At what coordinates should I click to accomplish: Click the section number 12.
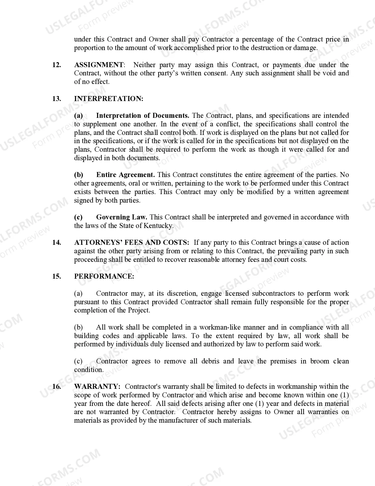coord(56,65)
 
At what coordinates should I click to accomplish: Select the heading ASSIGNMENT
coord(99,65)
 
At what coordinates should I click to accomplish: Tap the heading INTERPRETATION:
coord(109,99)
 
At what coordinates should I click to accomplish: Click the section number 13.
coord(56,99)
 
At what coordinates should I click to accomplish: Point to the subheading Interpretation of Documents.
coord(142,116)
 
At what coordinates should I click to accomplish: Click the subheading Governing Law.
coord(121,217)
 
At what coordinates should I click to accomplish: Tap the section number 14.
coord(56,243)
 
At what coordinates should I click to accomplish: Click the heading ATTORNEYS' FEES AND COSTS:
coord(132,243)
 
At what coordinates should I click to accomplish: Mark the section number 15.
coord(56,277)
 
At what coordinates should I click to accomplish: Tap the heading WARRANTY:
coord(97,387)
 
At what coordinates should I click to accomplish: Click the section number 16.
coord(56,387)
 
